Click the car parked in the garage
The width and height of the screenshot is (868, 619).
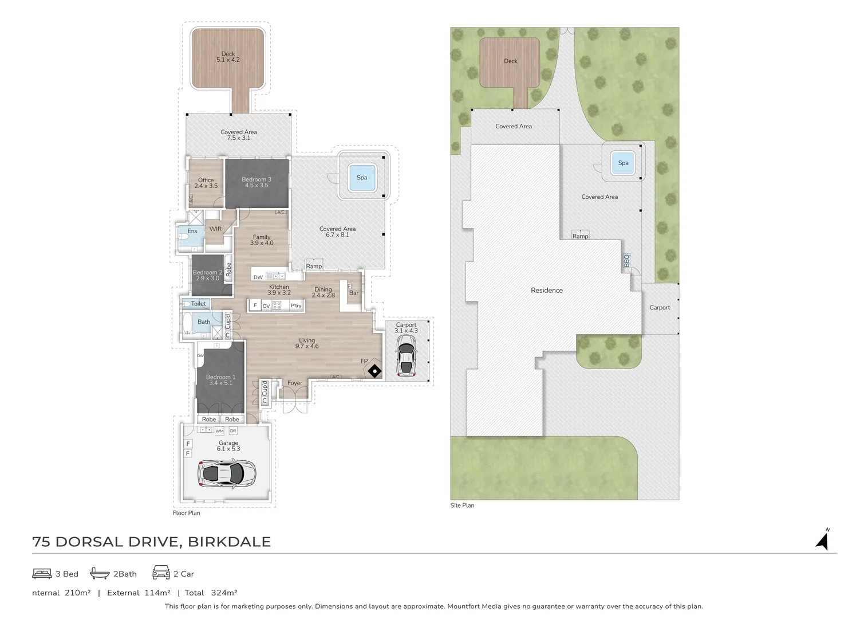tap(227, 473)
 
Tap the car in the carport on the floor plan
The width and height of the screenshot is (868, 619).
tap(406, 356)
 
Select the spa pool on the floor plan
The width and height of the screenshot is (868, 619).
tap(362, 177)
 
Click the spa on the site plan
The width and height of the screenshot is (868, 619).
tap(623, 163)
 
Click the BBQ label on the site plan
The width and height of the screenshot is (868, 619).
tap(626, 261)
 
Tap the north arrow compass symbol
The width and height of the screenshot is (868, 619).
tap(823, 540)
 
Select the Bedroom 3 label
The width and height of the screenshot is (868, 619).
tap(257, 179)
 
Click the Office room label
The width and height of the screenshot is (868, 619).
tap(206, 180)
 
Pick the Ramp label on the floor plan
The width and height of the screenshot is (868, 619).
tap(314, 266)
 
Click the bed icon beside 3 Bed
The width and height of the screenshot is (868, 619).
tap(42, 573)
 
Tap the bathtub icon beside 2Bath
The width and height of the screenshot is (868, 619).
tap(100, 573)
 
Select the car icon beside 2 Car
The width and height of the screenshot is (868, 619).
tap(161, 573)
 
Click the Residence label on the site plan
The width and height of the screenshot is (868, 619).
tap(546, 290)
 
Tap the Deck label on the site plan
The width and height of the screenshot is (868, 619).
tap(510, 61)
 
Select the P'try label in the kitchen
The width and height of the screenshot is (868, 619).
tap(295, 306)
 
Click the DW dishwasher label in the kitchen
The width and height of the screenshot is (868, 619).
tap(258, 277)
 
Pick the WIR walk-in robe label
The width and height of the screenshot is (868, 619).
tap(215, 229)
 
